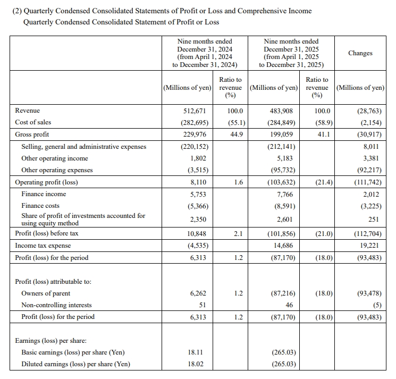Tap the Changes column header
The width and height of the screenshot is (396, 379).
(x=360, y=53)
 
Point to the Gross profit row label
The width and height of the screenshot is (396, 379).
(x=32, y=134)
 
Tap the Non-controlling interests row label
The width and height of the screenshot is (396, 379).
(x=56, y=305)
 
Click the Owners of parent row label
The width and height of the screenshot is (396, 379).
(x=46, y=293)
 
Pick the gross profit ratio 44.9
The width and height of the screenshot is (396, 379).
(x=235, y=134)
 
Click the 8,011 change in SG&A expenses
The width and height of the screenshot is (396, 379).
(x=372, y=147)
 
